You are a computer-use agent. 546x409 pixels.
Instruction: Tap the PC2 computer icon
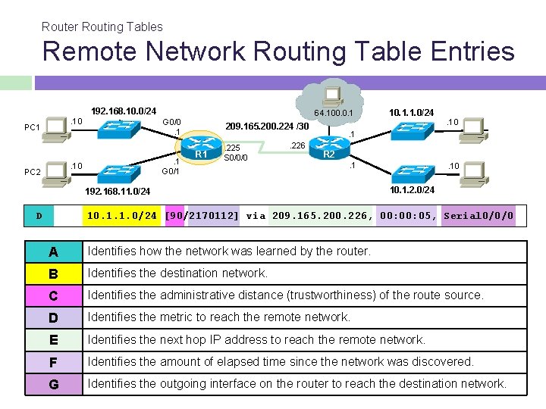click(56, 171)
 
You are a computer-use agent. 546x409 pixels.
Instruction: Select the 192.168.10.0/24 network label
click(124, 111)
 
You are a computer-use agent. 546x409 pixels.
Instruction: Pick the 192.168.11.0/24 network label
click(118, 192)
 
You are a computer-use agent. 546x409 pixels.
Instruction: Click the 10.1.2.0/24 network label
click(412, 190)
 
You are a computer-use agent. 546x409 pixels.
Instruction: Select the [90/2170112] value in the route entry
click(202, 216)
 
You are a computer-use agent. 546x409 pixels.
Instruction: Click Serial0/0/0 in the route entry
click(479, 216)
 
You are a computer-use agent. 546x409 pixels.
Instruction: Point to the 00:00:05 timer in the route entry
click(408, 216)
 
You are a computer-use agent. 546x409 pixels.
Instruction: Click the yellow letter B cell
click(53, 273)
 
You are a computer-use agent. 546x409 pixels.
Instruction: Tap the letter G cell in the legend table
click(53, 384)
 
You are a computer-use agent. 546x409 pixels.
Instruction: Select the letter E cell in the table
click(53, 340)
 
